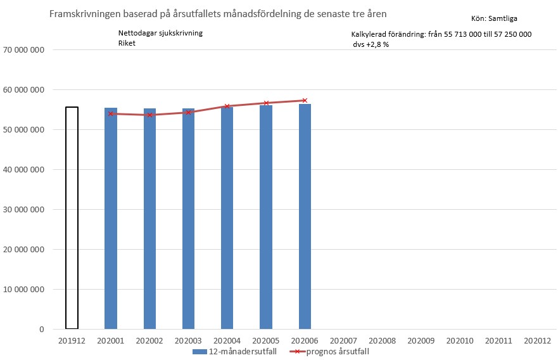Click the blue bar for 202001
click(x=111, y=219)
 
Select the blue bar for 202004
click(x=227, y=219)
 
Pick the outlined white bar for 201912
click(x=72, y=218)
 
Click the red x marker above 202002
click(x=149, y=115)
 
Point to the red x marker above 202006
click(x=305, y=100)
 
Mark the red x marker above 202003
click(x=188, y=112)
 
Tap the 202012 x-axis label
click(x=537, y=341)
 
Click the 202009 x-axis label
click(x=421, y=341)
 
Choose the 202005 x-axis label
click(x=265, y=341)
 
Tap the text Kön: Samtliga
click(x=494, y=19)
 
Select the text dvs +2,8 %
click(x=371, y=45)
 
